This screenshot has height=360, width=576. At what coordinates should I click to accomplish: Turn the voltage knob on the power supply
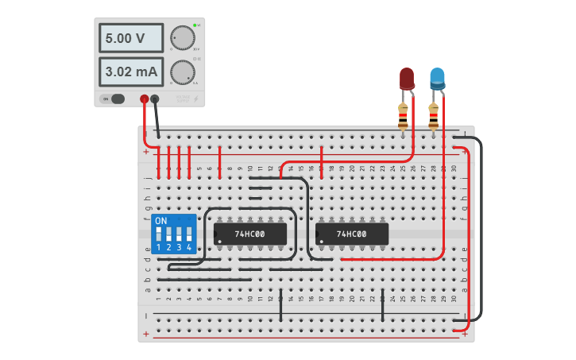(x=182, y=37)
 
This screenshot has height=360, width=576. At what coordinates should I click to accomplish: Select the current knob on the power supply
(x=182, y=72)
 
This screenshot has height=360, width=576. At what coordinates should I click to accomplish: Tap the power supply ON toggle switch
(x=114, y=99)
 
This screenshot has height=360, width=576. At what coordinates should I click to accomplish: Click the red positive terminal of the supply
(x=144, y=99)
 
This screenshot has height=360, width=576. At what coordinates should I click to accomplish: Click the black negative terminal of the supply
(x=155, y=99)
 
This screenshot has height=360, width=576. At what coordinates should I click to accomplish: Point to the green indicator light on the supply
(x=194, y=25)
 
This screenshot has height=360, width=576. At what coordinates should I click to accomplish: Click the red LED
(x=406, y=78)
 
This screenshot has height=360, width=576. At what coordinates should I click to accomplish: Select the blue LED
(x=437, y=78)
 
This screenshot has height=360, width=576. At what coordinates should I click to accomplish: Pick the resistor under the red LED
(x=404, y=117)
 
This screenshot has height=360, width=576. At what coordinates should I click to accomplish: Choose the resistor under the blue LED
(x=433, y=117)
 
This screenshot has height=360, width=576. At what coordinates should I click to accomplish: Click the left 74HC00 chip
(x=249, y=234)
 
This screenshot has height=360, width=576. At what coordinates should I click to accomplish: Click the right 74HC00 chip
(x=351, y=234)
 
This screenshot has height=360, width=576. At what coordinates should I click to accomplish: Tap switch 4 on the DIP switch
(x=189, y=234)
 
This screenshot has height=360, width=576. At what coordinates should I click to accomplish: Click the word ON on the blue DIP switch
(x=161, y=220)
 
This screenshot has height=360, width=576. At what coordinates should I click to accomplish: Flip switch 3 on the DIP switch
(x=179, y=234)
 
